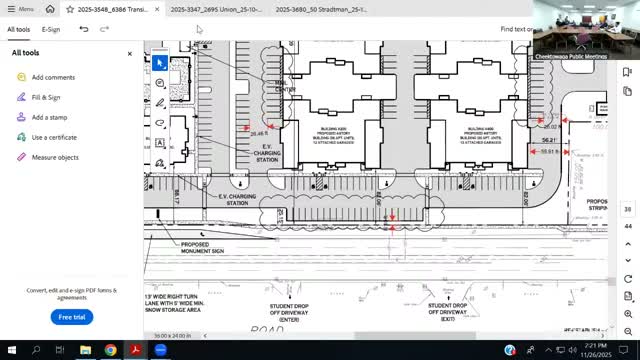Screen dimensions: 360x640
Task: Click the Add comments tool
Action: (x=53, y=77)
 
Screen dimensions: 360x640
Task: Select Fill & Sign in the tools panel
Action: (x=46, y=97)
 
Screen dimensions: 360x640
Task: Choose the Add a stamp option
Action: (x=49, y=117)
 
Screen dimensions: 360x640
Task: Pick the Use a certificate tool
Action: (x=54, y=137)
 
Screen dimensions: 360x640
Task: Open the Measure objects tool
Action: (x=55, y=157)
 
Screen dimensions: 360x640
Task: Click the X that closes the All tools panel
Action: (x=129, y=53)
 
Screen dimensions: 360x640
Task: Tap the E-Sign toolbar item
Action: (x=51, y=30)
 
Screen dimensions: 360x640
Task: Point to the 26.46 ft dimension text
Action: (x=259, y=133)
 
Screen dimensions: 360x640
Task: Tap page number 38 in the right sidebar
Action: (x=627, y=209)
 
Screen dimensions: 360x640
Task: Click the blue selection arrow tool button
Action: (x=159, y=62)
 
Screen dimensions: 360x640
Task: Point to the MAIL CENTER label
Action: (x=285, y=87)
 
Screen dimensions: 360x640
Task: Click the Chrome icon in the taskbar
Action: (x=110, y=350)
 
